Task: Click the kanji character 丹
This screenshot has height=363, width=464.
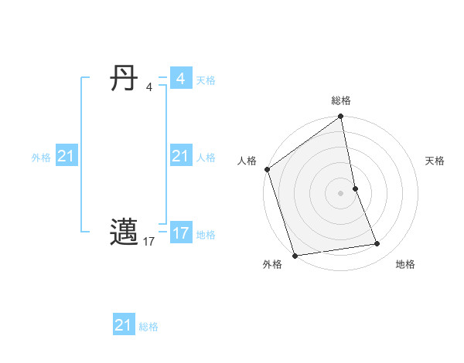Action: [125, 79]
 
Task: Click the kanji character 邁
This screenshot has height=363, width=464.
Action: [125, 231]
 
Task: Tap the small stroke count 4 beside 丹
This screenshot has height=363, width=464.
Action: [149, 87]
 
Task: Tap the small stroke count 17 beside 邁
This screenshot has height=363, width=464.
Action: [149, 242]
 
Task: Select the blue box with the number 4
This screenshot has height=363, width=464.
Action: [180, 79]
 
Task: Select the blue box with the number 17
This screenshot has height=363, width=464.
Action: [180, 232]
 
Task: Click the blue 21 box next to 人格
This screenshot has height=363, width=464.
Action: [180, 157]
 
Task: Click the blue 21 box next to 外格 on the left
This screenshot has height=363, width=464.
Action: [66, 157]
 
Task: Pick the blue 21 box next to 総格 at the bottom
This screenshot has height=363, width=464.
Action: [123, 325]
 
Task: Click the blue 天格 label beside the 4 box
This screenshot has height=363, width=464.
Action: [206, 80]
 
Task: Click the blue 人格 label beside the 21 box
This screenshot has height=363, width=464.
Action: [206, 158]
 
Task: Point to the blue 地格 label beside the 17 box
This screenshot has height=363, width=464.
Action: [206, 235]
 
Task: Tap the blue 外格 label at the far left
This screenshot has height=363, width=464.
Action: [41, 158]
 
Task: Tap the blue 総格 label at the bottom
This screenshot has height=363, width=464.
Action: [148, 327]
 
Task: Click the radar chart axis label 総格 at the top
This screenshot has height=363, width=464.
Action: [341, 100]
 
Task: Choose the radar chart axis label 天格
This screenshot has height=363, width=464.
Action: [435, 161]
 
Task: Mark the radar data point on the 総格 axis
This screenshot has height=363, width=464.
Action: [341, 117]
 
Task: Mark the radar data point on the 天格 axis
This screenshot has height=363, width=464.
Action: [355, 188]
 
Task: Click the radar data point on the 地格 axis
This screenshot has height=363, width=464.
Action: [377, 244]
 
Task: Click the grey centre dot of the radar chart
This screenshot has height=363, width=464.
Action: [341, 193]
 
